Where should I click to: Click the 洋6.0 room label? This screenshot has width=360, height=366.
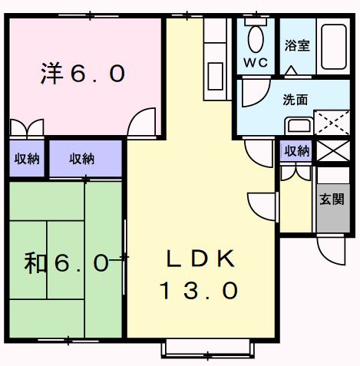83,74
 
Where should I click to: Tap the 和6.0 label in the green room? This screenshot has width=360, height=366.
66,264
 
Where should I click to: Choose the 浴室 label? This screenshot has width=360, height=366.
297,45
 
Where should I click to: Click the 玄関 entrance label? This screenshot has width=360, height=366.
332,199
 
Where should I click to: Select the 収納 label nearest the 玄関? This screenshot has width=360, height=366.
296,151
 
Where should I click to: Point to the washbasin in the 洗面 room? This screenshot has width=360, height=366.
298,125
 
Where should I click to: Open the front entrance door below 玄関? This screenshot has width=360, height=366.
331,249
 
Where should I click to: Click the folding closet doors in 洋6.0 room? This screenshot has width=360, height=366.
28,127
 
